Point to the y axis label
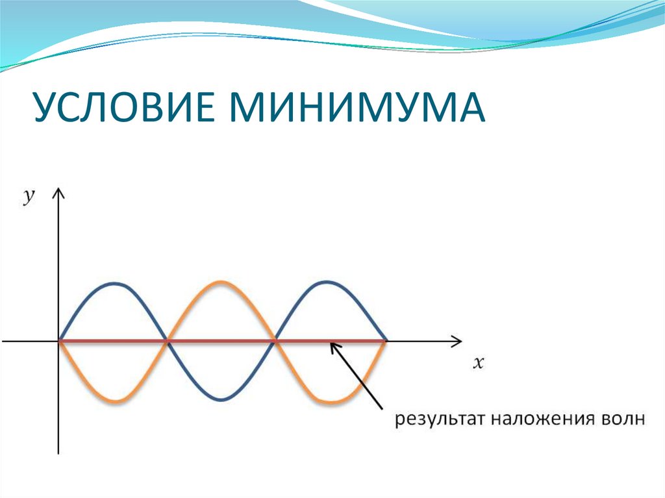coord(29,197)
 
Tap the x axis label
coord(479,364)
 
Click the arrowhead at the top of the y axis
coord(59,192)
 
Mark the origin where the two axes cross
coord(59,340)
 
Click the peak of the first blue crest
coord(114,283)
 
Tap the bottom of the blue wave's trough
coord(221,399)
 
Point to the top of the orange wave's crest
coord(221,282)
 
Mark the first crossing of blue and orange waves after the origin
coord(168,340)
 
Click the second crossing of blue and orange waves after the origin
coord(275,340)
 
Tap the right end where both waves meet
coord(386,340)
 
